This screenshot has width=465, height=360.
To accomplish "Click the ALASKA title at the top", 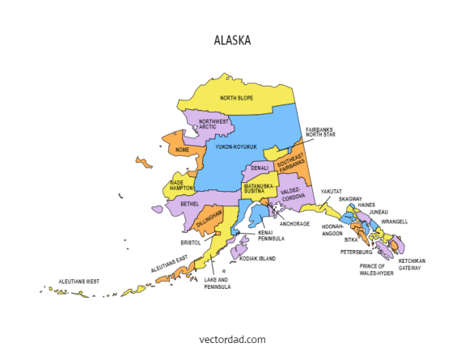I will (232, 40).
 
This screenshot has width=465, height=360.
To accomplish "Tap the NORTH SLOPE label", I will (236, 99).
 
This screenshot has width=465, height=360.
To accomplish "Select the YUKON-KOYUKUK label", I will (236, 146).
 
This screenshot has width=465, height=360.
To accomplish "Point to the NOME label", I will (183, 150).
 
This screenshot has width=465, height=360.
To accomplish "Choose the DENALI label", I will (260, 168).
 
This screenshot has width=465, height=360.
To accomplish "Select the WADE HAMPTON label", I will (181, 185).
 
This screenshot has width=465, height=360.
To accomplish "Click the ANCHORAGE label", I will (294, 223).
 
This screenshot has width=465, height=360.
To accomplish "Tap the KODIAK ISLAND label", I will (256, 259).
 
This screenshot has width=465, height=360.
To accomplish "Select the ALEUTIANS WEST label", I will (78, 282).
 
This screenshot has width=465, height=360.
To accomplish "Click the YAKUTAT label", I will (331, 192).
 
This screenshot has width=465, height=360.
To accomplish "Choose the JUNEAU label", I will (378, 212).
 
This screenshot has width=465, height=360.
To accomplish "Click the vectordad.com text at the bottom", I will (232, 340).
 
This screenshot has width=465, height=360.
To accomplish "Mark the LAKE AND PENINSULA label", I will (218, 283).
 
